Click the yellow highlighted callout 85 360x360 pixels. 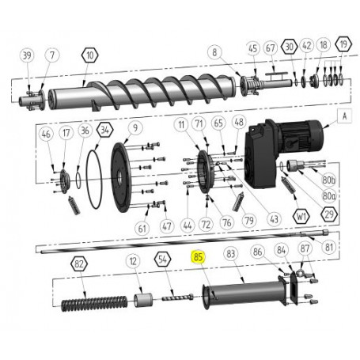[199, 256]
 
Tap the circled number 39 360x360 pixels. [28, 55]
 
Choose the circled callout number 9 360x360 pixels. [135, 127]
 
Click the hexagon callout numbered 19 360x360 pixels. [343, 45]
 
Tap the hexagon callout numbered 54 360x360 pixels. [161, 258]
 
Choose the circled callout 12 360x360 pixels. [135, 260]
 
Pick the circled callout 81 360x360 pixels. [331, 247]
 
